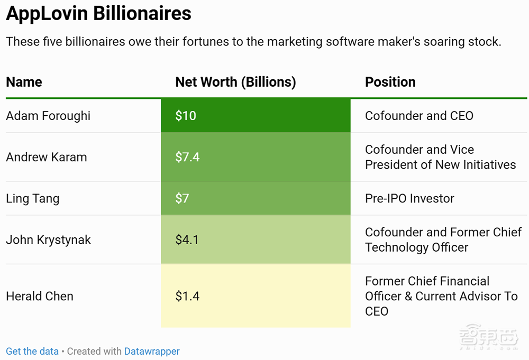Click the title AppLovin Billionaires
[x=98, y=14]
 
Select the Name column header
[x=24, y=82]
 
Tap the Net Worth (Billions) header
[x=235, y=82]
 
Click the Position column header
[x=390, y=82]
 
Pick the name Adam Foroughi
[x=48, y=116]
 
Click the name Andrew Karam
[x=47, y=157]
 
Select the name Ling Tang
[x=33, y=199]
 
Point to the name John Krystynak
[x=49, y=240]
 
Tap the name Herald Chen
[x=40, y=296]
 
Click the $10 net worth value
[x=186, y=116]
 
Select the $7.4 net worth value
[x=187, y=157]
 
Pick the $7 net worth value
[x=182, y=199]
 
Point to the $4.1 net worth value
[x=187, y=240]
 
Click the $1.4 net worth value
[x=187, y=296]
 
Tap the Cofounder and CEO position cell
[x=419, y=116]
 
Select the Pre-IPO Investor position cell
[x=409, y=199]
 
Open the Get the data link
[x=32, y=352]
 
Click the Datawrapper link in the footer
[x=152, y=352]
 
